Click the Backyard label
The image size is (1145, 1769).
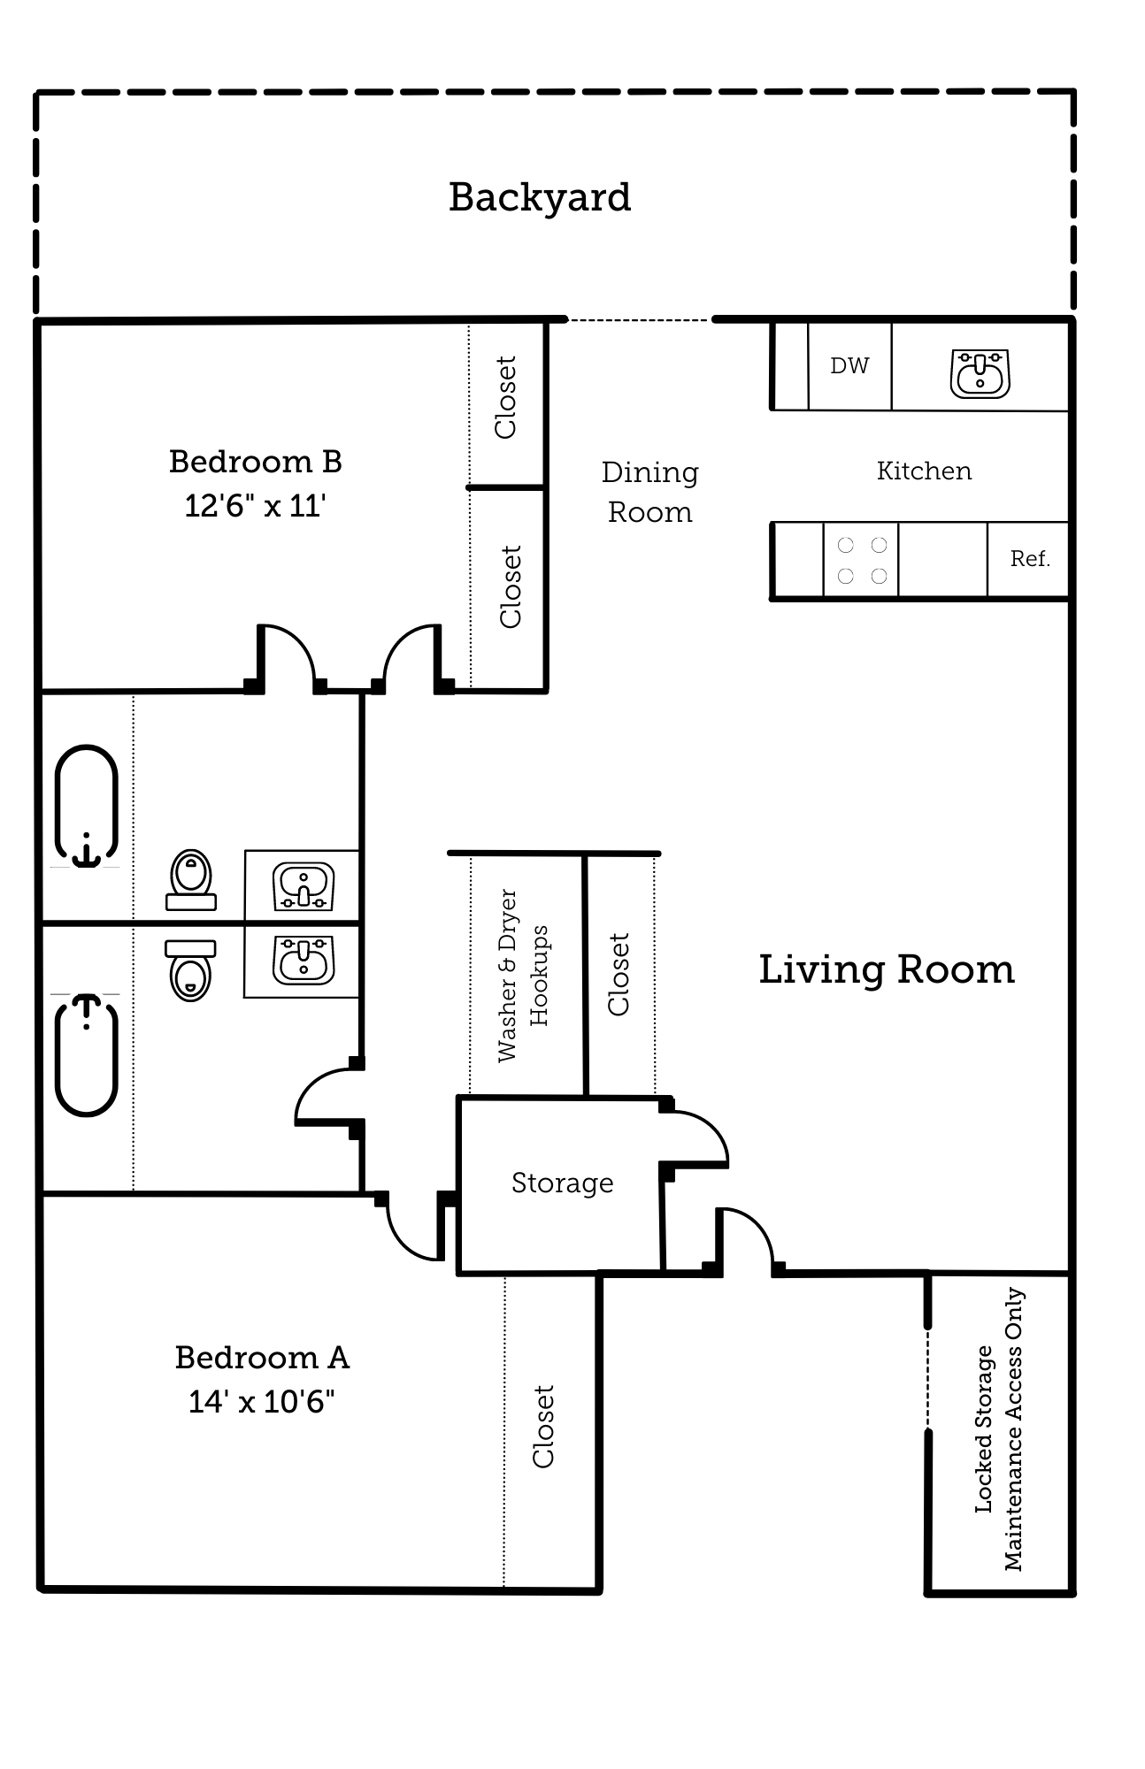click(539, 197)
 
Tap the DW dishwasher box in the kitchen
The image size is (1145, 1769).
click(849, 365)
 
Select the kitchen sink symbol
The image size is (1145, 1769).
click(980, 373)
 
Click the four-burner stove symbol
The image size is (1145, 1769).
click(862, 561)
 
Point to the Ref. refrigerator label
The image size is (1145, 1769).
click(1029, 559)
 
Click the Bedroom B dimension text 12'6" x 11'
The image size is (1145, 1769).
click(255, 506)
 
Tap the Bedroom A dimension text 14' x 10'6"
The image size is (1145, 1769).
click(261, 1402)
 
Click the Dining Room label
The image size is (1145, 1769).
click(649, 492)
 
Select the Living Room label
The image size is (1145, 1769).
click(887, 969)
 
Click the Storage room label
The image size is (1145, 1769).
click(562, 1183)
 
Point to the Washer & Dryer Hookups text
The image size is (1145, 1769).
click(522, 976)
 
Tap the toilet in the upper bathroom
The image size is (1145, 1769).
click(191, 880)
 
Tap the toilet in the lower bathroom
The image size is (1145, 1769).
click(191, 969)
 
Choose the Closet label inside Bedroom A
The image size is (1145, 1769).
click(542, 1427)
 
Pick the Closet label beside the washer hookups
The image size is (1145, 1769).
click(619, 974)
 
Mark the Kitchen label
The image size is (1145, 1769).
click(924, 471)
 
